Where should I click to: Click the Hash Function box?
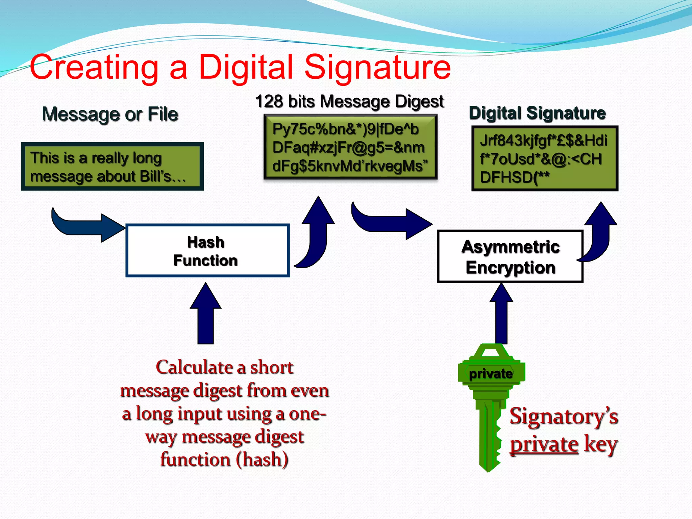pos(207,250)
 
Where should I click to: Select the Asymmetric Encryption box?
pos(510,256)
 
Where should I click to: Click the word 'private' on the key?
pos(491,374)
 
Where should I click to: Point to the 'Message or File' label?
pos(110,114)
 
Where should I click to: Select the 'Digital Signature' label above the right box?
pos(537,113)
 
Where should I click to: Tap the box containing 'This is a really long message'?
pos(112,167)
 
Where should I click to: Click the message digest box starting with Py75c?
pos(350,147)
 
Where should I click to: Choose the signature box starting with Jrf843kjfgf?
pos(545,158)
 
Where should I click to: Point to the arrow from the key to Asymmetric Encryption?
pos(501,314)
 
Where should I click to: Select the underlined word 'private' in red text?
pos(544,444)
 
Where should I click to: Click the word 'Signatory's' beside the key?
pos(564,417)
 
